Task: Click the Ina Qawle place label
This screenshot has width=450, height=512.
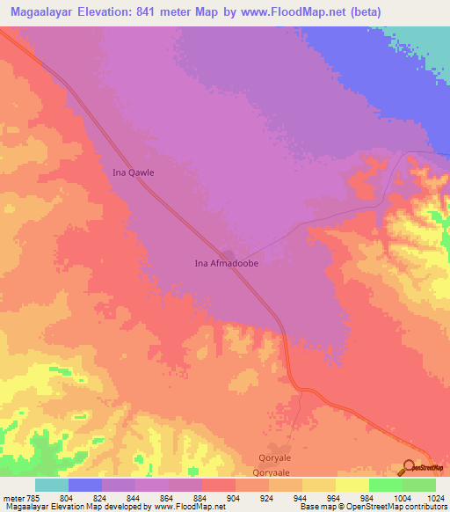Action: pyautogui.click(x=134, y=172)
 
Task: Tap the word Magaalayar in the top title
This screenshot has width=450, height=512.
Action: pyautogui.click(x=42, y=11)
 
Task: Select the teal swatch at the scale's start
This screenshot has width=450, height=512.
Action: pyautogui.click(x=52, y=485)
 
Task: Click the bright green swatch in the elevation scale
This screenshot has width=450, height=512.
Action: pyautogui.click(x=386, y=485)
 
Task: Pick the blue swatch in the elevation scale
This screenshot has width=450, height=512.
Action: pyautogui.click(x=85, y=485)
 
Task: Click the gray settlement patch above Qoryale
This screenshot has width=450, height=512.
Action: pyautogui.click(x=274, y=446)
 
